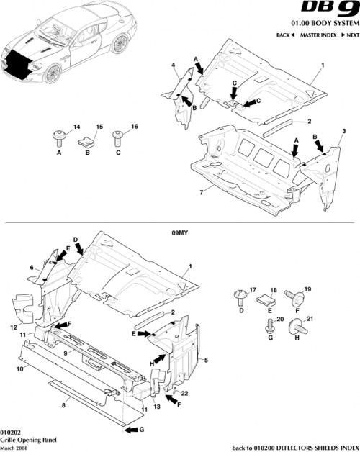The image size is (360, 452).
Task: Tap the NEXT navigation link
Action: coord(350,35)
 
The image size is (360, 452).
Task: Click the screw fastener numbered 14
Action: coord(58,135)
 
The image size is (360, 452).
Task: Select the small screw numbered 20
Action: coord(270,325)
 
